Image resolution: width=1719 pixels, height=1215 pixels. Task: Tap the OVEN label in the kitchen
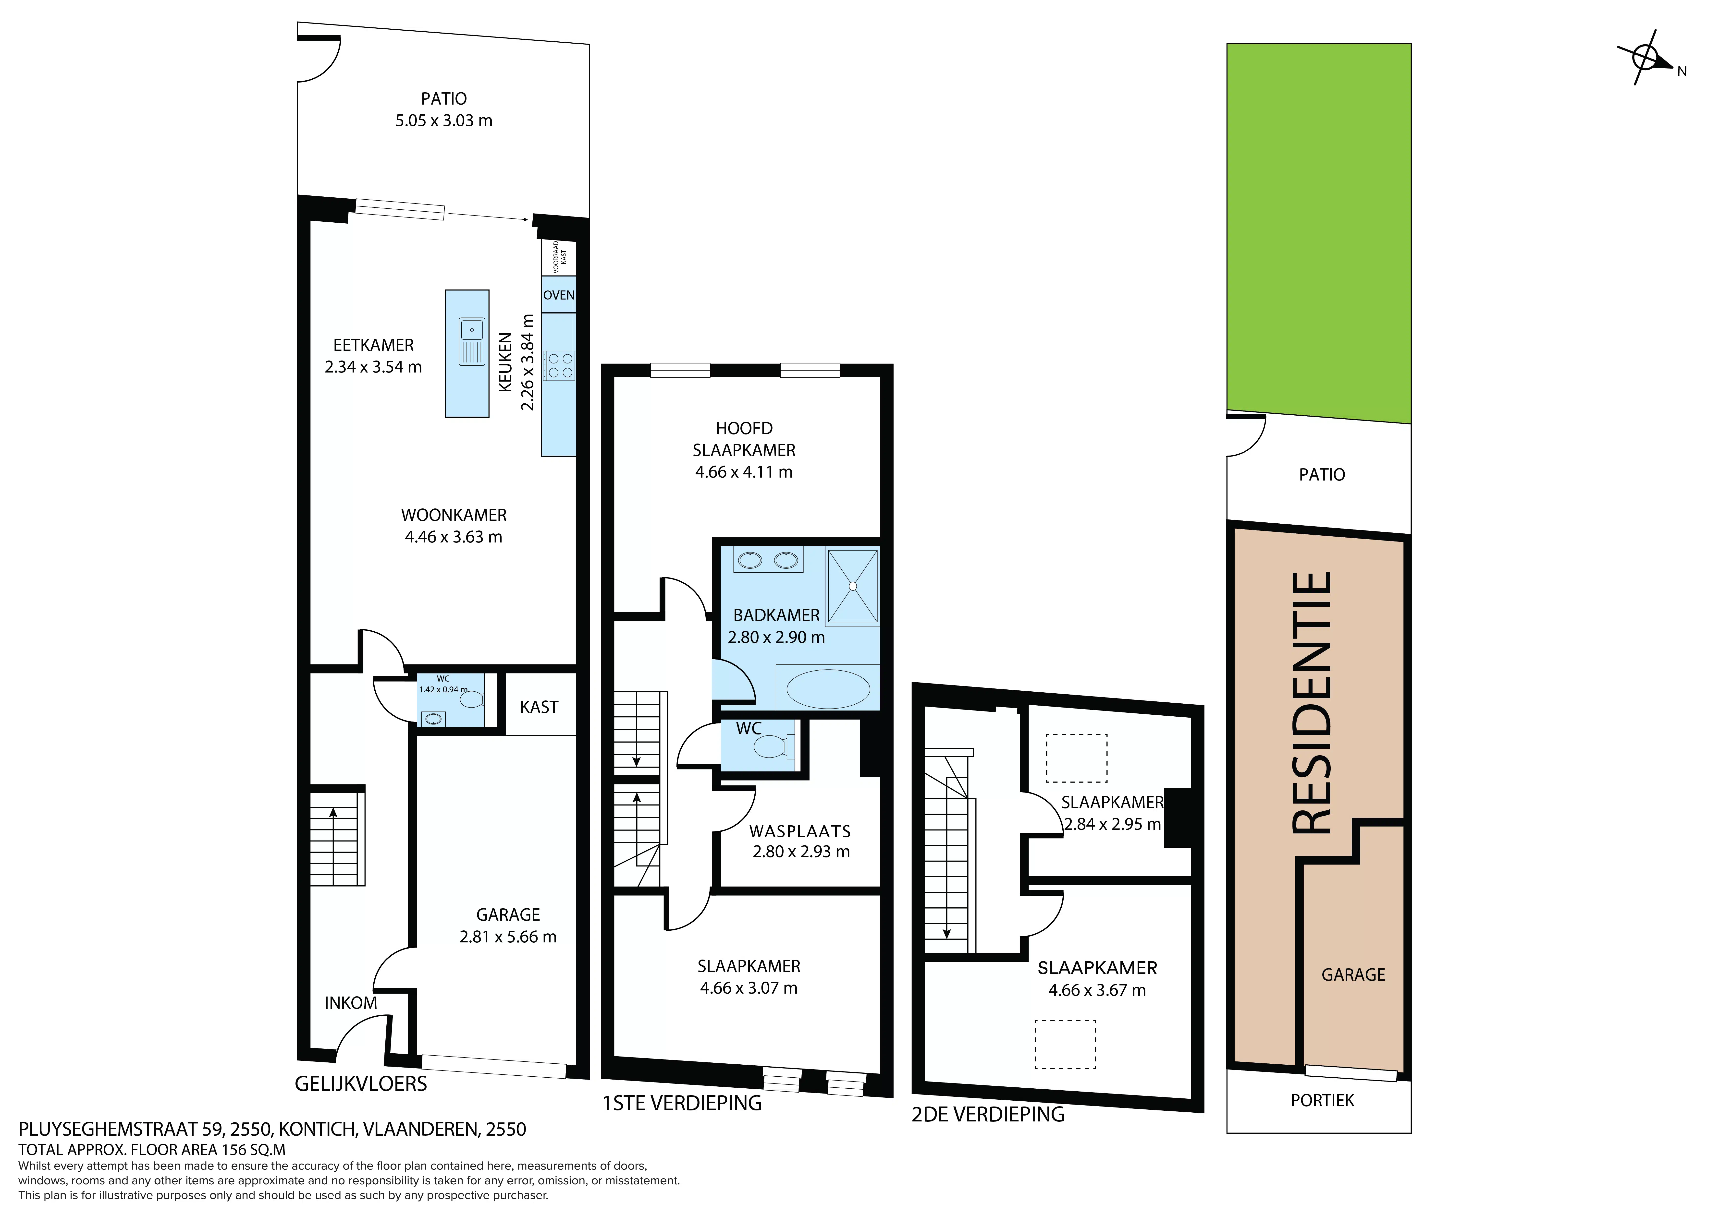tap(559, 295)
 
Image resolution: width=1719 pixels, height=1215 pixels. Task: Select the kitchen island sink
tap(472, 341)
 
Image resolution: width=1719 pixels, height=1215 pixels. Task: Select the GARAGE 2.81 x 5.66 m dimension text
tap(508, 937)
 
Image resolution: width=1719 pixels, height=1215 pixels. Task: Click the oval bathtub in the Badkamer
tap(828, 689)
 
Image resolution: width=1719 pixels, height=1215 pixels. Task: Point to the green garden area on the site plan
tap(1318, 232)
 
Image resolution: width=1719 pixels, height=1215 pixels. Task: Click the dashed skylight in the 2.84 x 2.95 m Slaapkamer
tap(1076, 758)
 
